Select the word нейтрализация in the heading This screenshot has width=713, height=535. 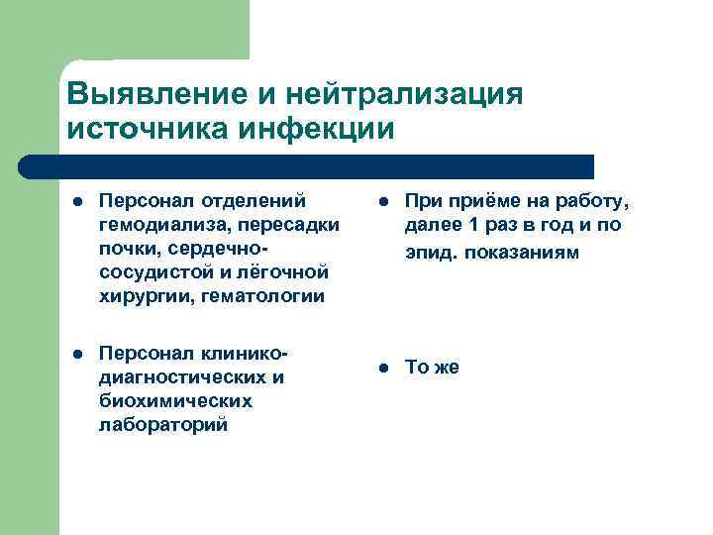(404, 95)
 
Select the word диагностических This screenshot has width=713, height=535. (182, 376)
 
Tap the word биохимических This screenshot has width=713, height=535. (175, 400)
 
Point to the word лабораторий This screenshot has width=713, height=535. (162, 424)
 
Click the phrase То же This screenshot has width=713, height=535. (432, 368)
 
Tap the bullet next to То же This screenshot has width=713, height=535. (384, 369)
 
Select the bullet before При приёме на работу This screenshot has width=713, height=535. (384, 202)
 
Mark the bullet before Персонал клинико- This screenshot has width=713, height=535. (78, 354)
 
